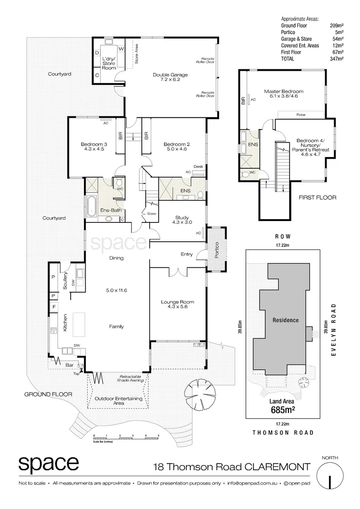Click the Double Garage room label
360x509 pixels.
coord(170,77)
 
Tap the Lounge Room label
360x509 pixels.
coord(177,304)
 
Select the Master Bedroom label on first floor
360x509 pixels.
coord(284,94)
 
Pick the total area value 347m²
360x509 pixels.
coord(337,59)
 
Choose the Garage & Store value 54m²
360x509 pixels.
coord(337,39)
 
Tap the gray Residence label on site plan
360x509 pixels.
coord(286,320)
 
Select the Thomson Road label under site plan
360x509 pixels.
coord(282,432)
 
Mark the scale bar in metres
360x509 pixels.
coord(127,437)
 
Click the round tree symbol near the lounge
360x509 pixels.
coord(201,390)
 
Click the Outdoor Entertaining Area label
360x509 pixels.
coord(119,401)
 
